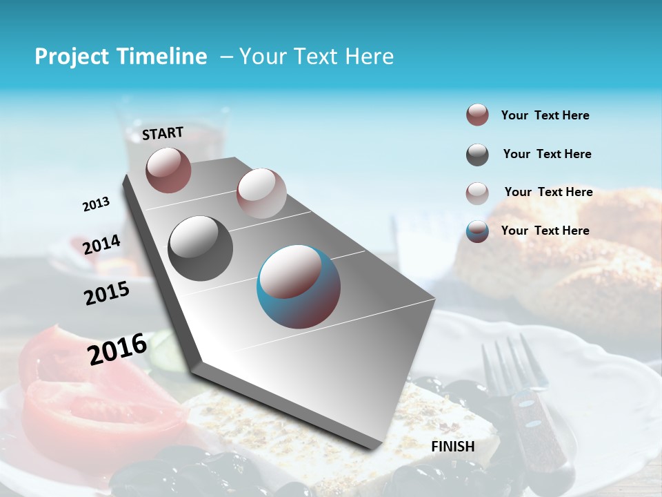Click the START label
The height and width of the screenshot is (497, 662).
[163, 133]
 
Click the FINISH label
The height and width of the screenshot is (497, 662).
[452, 446]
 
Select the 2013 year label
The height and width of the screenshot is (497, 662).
[96, 204]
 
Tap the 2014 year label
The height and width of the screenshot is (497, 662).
[101, 245]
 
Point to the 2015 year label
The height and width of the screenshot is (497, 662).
[106, 293]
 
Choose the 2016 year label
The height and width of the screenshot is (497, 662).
[117, 349]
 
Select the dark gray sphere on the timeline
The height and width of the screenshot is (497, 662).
[200, 248]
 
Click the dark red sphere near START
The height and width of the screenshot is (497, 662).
[168, 170]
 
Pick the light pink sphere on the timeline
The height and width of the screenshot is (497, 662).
[261, 193]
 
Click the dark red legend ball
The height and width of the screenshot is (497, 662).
[477, 115]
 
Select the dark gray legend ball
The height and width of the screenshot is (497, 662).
[477, 155]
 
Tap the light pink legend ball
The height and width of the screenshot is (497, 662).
[477, 193]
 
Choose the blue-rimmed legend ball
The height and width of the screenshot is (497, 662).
[477, 231]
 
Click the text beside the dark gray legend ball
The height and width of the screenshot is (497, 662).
[547, 154]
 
